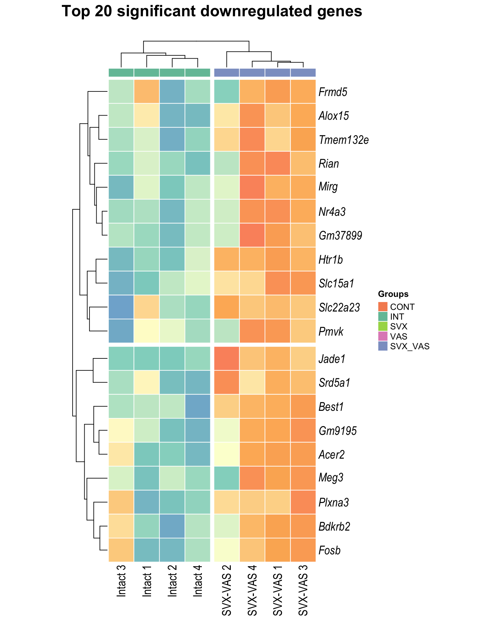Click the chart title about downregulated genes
click(x=212, y=12)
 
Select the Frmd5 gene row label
click(x=333, y=92)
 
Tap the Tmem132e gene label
click(x=344, y=140)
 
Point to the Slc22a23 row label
click(x=339, y=307)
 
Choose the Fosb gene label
click(x=330, y=550)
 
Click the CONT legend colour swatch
click(x=383, y=307)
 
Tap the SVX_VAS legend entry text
click(x=410, y=346)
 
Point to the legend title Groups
click(x=393, y=294)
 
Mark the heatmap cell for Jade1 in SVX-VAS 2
click(x=227, y=359)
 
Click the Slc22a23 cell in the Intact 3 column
click(x=121, y=307)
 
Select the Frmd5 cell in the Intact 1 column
click(x=147, y=91)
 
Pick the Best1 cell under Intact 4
click(x=198, y=406)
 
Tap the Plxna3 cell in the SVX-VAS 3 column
click(x=303, y=502)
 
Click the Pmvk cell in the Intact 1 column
click(x=147, y=331)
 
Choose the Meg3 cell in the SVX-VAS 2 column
click(x=227, y=478)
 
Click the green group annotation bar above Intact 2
click(x=172, y=73)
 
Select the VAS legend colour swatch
click(x=383, y=336)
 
